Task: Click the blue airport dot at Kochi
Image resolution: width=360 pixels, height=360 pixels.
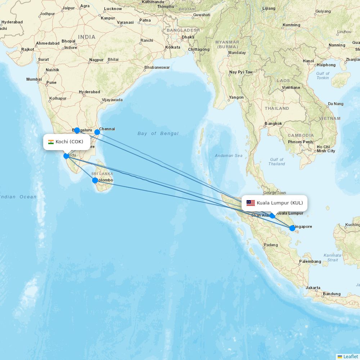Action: point(66,156)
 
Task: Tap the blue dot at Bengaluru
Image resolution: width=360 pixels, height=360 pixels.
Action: point(77,130)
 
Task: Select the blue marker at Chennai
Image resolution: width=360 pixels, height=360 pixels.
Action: point(97,132)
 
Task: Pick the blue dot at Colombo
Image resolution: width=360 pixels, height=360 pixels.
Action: point(95,180)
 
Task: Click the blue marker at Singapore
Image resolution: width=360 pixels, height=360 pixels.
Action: point(292,228)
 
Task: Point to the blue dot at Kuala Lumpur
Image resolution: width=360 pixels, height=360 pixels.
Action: point(273,216)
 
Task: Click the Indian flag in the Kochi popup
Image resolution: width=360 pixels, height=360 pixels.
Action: point(51,142)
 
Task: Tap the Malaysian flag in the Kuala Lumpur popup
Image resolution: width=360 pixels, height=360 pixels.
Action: point(251,203)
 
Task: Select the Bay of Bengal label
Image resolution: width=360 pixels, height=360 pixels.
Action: point(158,134)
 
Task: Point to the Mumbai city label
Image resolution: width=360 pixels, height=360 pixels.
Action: point(34,79)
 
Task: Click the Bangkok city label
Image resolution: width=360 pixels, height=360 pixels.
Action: point(273,123)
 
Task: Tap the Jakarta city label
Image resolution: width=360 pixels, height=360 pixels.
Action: point(313,288)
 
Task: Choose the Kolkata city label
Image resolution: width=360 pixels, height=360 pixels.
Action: point(172,47)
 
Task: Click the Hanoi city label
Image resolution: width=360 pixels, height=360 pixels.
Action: point(308,61)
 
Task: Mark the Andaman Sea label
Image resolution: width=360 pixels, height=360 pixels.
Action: point(229,156)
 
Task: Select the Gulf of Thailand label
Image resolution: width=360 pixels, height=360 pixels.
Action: point(276,162)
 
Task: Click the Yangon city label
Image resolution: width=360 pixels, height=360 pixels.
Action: point(236,97)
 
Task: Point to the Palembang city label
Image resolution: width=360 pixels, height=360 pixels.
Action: point(310,261)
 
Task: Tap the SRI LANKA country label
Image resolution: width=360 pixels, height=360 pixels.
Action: point(102,174)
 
